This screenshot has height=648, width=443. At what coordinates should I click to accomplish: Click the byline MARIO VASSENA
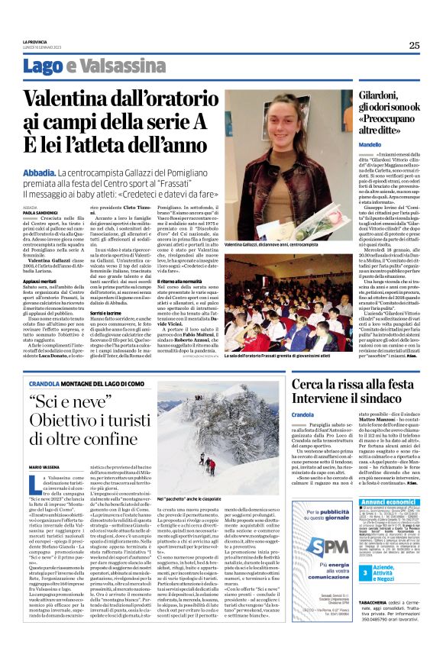45,466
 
